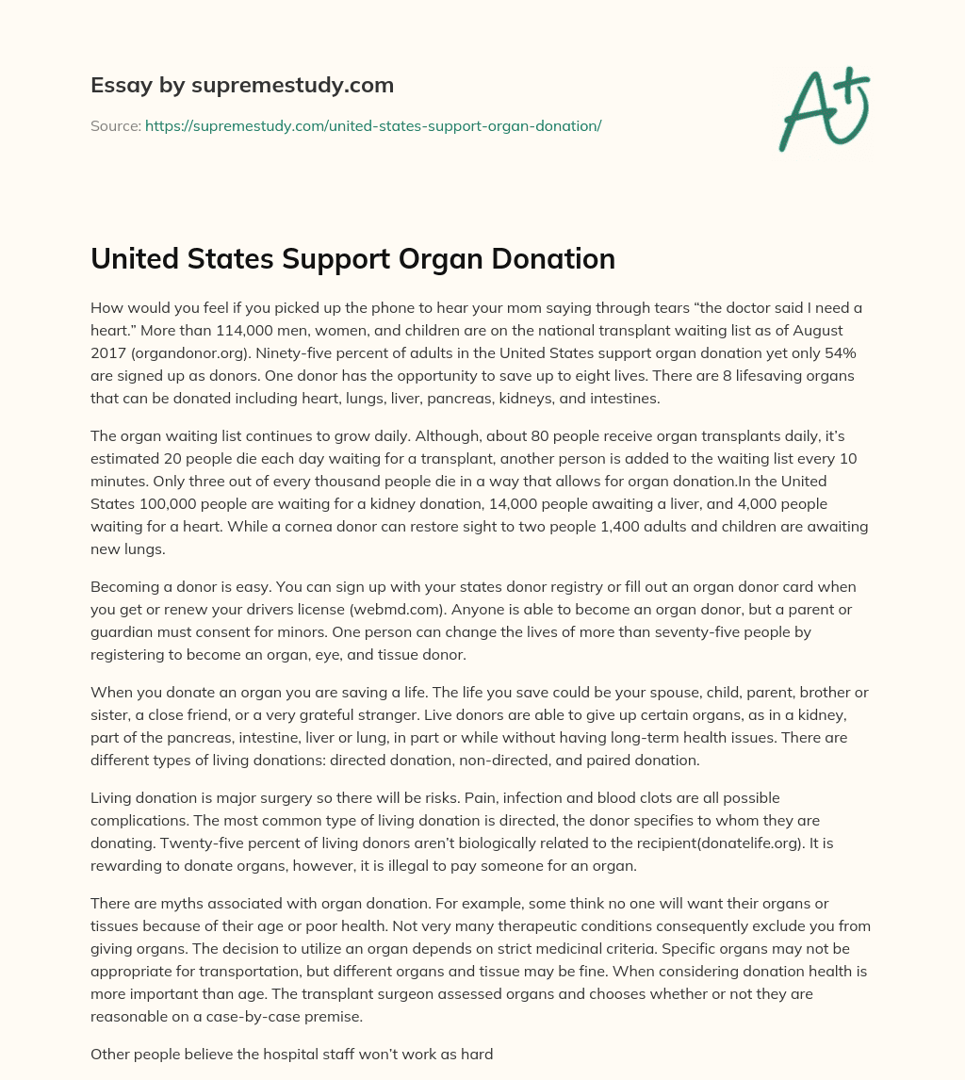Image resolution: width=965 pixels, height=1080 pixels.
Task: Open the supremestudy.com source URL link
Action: [372, 125]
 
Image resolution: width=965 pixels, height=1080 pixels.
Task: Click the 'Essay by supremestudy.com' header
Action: [242, 86]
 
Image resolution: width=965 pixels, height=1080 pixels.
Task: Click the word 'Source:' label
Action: [115, 125]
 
